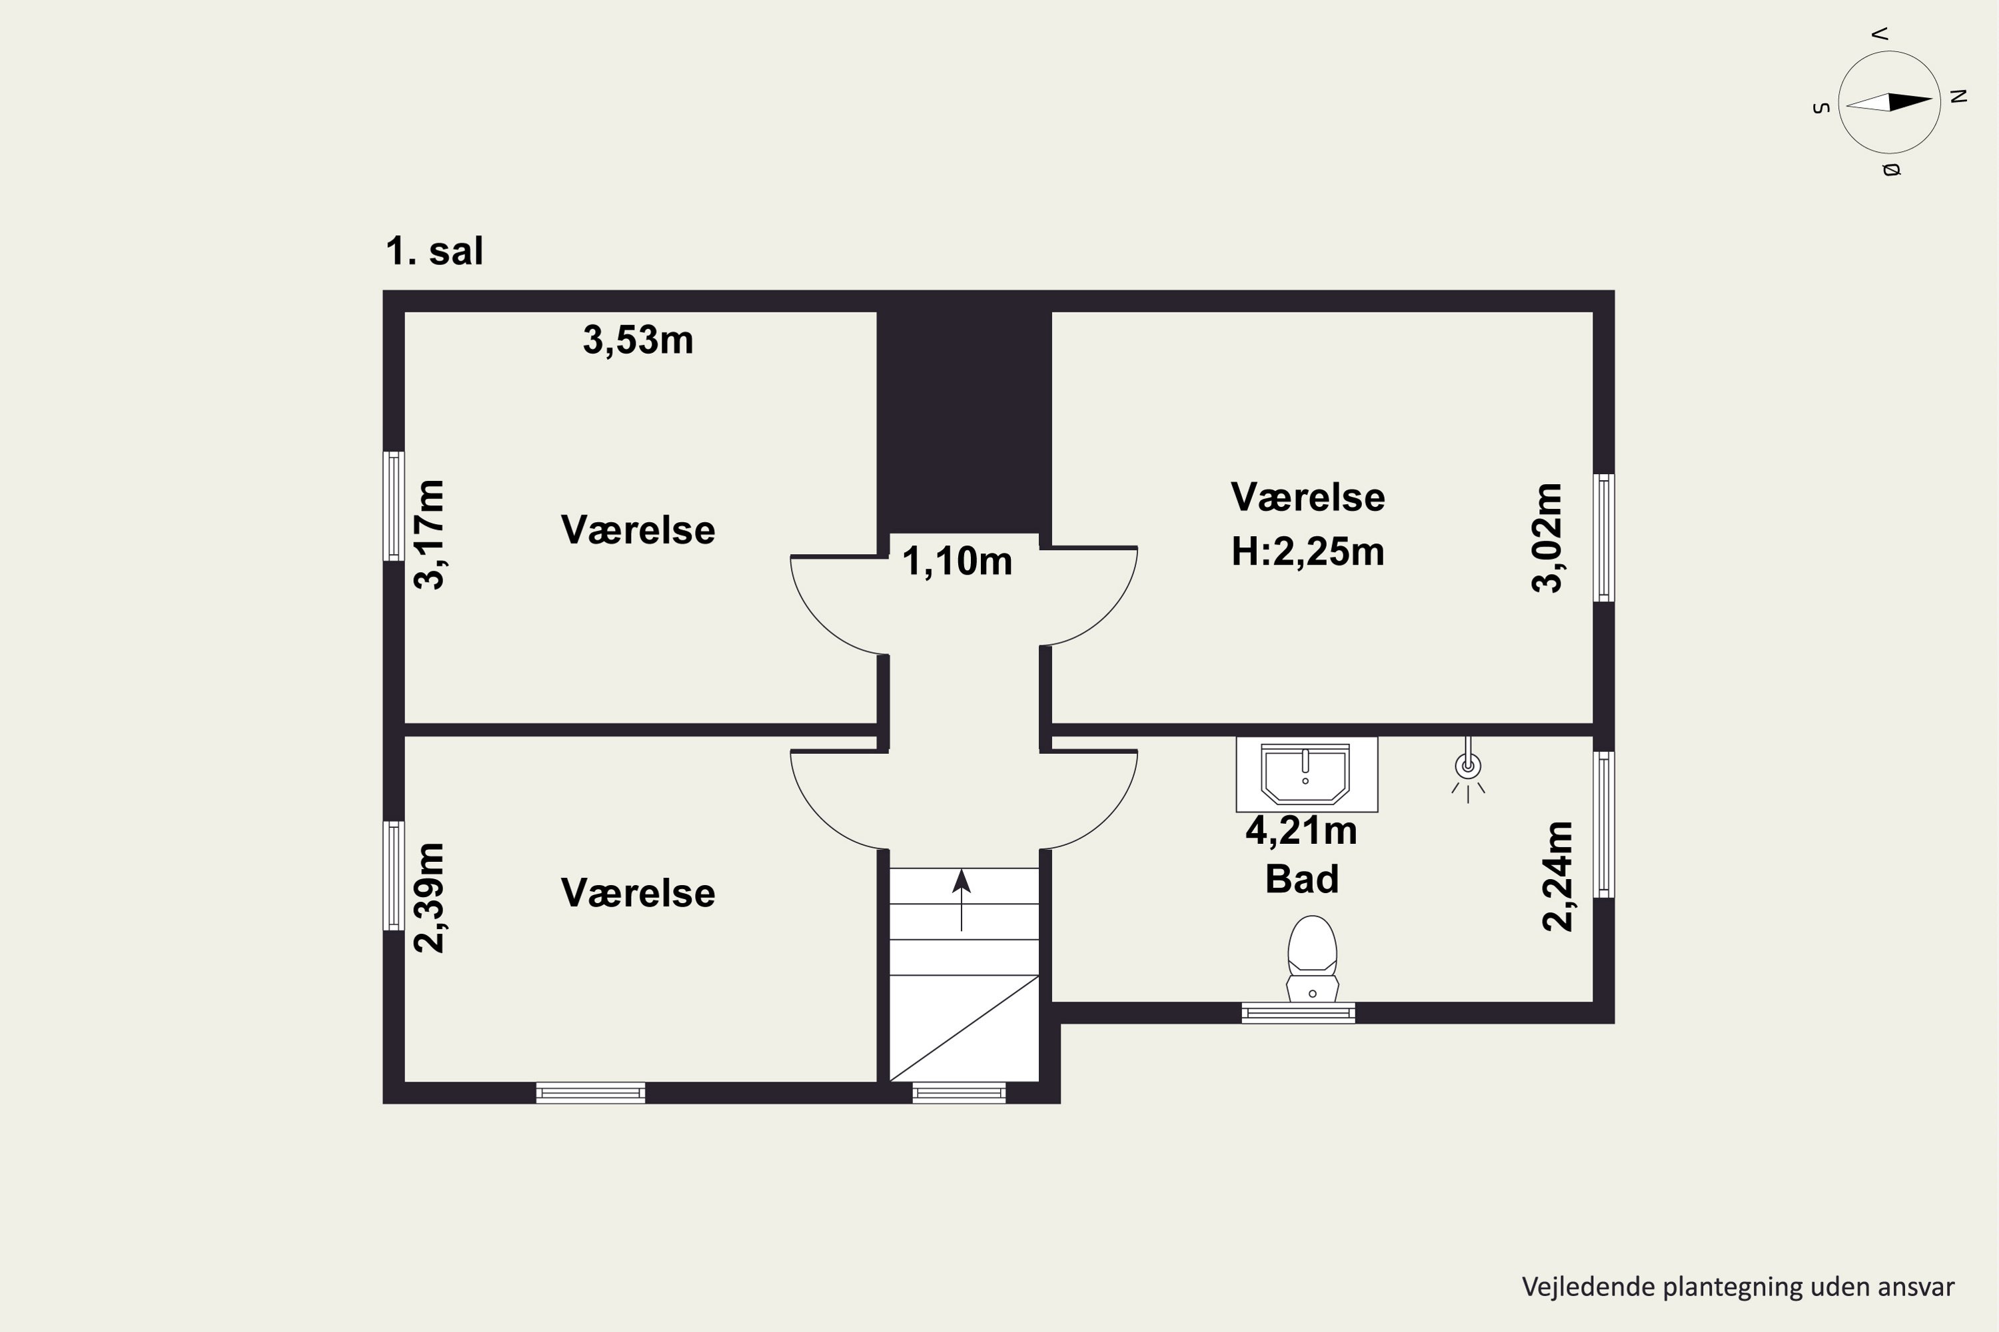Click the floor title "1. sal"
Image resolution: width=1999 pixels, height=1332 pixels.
coord(434,252)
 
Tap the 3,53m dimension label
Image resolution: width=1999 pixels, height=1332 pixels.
coord(638,340)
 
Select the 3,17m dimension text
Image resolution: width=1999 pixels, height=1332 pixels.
coord(429,534)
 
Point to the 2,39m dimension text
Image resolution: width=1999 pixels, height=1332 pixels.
coord(429,898)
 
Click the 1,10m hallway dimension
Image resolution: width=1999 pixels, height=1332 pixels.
coord(957,562)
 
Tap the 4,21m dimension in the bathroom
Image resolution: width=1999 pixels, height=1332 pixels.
coord(1301,831)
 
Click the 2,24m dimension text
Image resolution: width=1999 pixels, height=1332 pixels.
coord(1558,876)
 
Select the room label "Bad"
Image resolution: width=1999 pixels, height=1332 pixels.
coord(1302,879)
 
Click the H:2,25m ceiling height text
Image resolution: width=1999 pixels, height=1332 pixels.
coord(1308,552)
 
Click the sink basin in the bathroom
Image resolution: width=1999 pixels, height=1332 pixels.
coord(1305,773)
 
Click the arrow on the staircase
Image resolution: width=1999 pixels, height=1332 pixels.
coord(962,900)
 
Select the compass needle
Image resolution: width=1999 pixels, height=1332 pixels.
coord(1889,102)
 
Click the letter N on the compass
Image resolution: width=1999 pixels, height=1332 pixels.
coord(1958,96)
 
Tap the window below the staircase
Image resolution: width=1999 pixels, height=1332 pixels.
coord(959,1094)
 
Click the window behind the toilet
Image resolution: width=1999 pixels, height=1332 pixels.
coord(1298,1012)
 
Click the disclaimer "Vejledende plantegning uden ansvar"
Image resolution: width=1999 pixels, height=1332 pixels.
coord(1738,1287)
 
